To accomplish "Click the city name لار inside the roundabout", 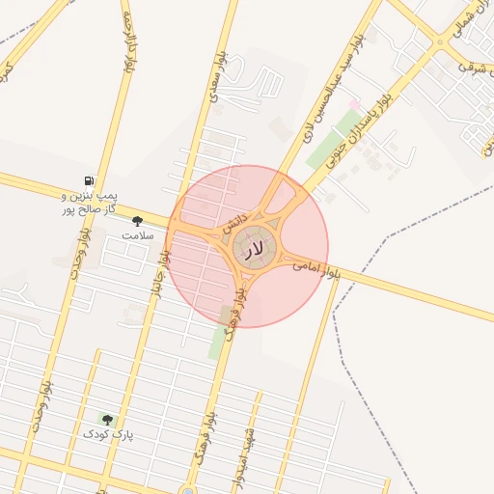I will click(x=252, y=249).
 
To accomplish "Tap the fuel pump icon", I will click(x=90, y=180).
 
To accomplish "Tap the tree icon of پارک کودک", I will click(x=107, y=420).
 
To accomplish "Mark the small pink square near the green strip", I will click(x=353, y=103).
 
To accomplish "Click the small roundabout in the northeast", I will click(x=440, y=42).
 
